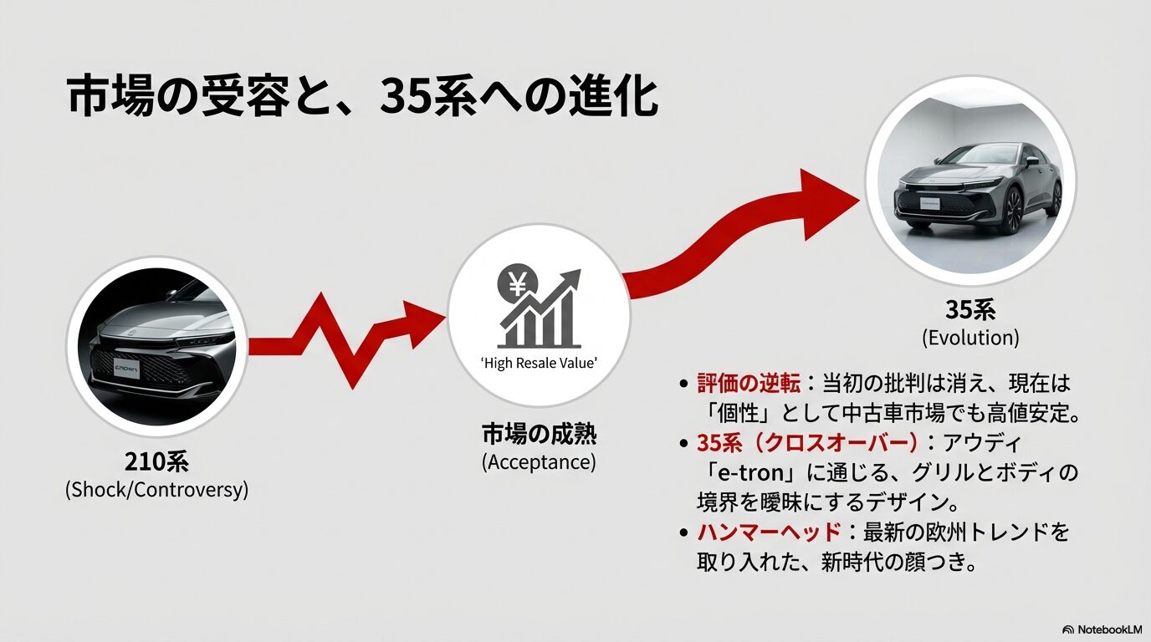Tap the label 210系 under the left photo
tap(156, 461)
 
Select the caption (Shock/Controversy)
tap(156, 490)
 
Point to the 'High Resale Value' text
tap(539, 363)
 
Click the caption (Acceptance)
tap(539, 462)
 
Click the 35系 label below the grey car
tap(970, 310)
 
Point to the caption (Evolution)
tap(970, 338)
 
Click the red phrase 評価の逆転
tap(747, 384)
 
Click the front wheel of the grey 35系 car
tap(1013, 209)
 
